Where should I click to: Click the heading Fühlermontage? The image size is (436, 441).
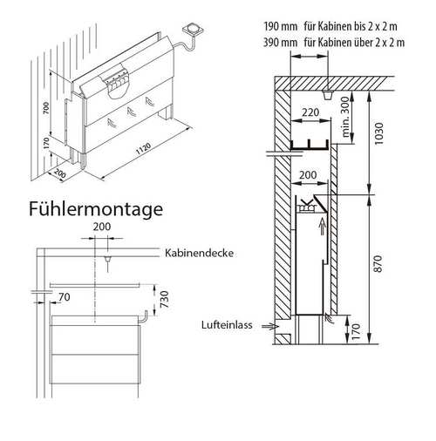(93, 210)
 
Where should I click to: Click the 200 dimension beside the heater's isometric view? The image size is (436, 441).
(58, 172)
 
